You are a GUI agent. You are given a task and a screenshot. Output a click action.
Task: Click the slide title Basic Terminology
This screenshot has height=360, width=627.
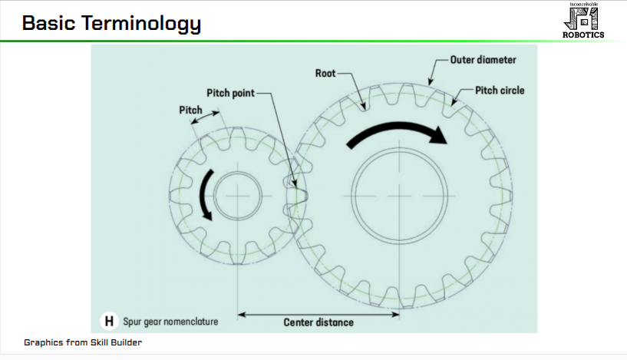click(111, 24)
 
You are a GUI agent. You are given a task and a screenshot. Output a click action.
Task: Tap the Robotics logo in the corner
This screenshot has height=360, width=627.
click(584, 20)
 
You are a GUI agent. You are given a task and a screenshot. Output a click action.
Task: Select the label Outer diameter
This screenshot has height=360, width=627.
click(483, 59)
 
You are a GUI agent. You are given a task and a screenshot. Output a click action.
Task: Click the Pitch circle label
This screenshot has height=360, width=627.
click(500, 91)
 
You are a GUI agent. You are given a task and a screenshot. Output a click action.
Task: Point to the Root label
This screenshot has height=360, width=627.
click(325, 74)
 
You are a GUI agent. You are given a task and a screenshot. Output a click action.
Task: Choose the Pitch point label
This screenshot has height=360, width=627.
click(229, 93)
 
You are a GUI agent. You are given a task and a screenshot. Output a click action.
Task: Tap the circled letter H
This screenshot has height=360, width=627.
click(110, 321)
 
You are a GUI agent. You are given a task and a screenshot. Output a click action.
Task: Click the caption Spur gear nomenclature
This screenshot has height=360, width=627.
click(170, 321)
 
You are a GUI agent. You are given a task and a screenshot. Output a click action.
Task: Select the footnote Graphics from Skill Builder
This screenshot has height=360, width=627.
click(83, 342)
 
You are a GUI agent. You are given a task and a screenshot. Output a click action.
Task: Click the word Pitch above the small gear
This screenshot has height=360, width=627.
click(190, 110)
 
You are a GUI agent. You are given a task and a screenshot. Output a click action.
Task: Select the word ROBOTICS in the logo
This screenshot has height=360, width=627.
click(584, 34)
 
